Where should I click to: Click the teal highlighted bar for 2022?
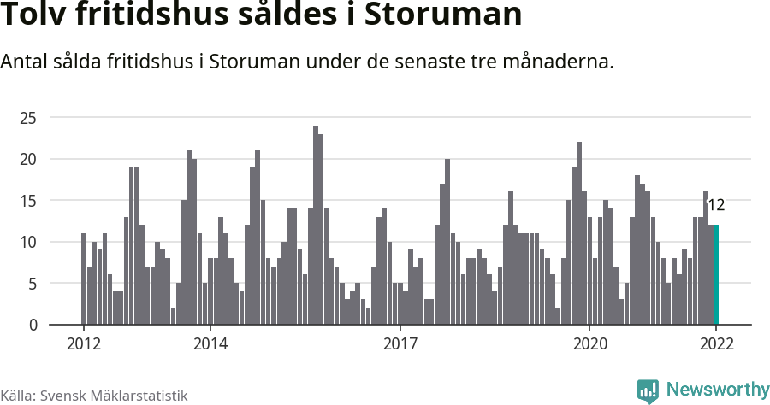pos(716,274)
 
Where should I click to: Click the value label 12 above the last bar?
pos(716,205)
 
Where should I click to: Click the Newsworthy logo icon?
pos(648,390)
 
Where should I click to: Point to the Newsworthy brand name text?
pos(718,390)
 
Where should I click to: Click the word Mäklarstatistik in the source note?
pos(139,396)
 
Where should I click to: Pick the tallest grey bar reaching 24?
pos(316,226)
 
